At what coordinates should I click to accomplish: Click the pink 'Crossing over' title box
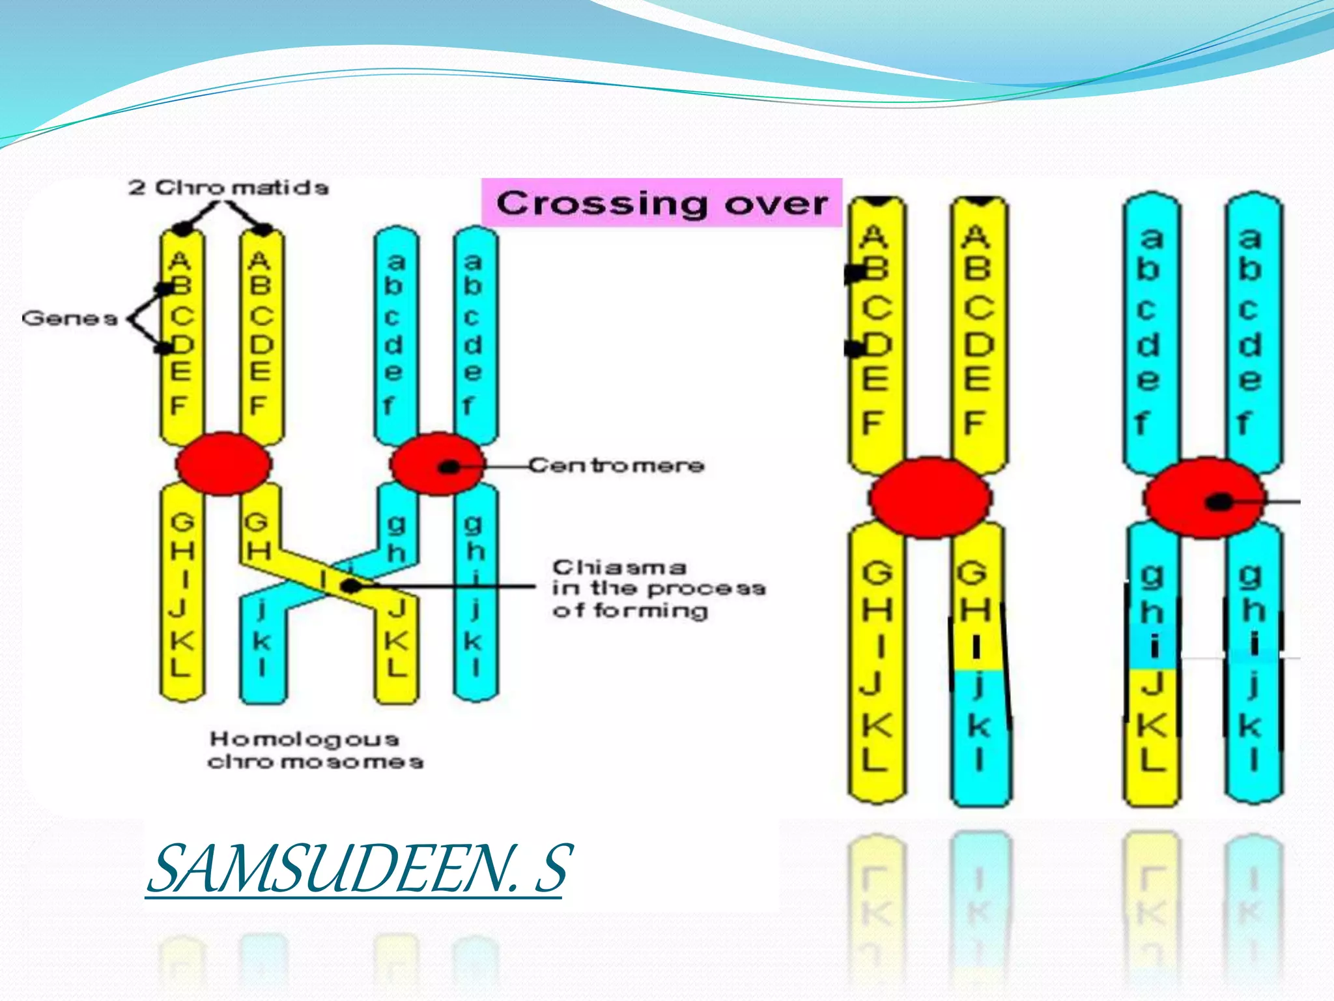(x=662, y=203)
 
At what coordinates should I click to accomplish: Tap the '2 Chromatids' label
(x=229, y=188)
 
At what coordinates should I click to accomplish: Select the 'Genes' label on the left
(x=70, y=319)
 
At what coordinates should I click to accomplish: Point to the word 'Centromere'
(x=616, y=465)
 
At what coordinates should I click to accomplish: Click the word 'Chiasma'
(x=619, y=567)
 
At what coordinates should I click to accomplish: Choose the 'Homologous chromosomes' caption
(x=315, y=750)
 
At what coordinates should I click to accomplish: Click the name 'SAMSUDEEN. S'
(x=359, y=868)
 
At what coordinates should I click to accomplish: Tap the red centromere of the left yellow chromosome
(x=223, y=464)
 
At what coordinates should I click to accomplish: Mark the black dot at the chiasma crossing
(x=351, y=586)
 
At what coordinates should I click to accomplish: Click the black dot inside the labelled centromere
(x=449, y=467)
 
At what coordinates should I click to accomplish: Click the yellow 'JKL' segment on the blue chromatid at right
(x=1152, y=723)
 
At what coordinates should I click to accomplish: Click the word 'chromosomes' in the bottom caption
(x=315, y=762)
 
